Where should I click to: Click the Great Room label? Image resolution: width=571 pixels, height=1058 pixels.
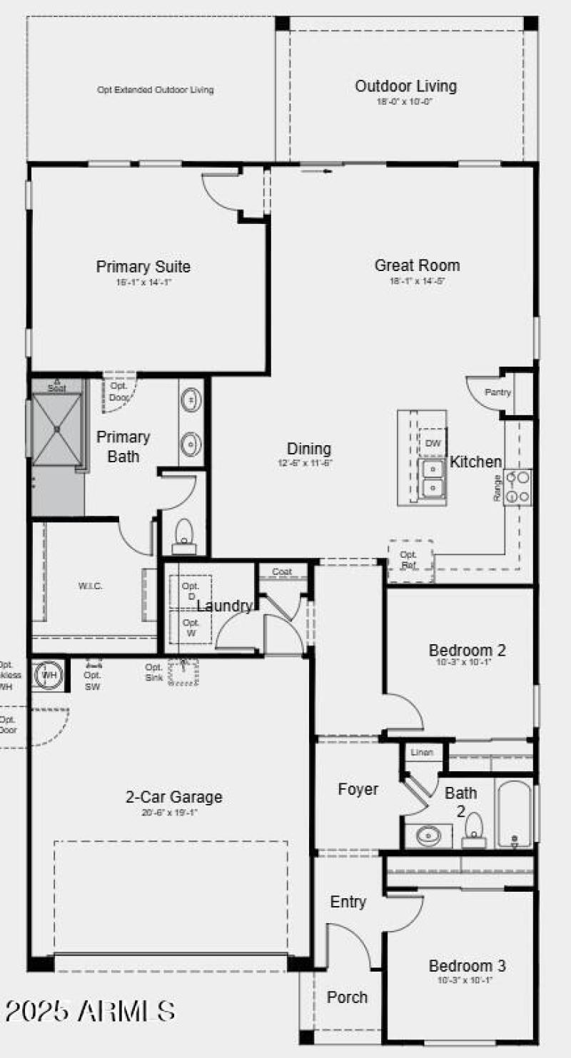click(417, 265)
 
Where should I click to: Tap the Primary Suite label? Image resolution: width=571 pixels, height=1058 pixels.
click(143, 267)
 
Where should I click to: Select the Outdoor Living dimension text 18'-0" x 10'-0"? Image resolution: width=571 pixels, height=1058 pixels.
click(405, 101)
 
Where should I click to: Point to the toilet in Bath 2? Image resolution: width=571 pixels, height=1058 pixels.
click(474, 830)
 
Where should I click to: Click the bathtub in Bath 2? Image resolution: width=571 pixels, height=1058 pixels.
click(514, 813)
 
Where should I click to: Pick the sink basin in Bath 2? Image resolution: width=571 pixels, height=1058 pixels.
click(428, 835)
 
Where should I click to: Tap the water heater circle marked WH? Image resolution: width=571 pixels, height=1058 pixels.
click(49, 674)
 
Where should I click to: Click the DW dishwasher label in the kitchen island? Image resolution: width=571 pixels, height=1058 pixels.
click(433, 443)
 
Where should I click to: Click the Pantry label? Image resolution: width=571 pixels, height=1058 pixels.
click(497, 392)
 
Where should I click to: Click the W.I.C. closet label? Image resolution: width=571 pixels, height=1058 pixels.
click(91, 586)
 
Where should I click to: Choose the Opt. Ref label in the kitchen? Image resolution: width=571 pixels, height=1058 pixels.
click(409, 559)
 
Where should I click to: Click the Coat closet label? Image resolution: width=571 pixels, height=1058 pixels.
click(282, 571)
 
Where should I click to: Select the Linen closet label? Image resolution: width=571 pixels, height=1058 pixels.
click(422, 753)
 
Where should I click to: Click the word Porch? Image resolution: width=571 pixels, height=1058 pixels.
click(347, 997)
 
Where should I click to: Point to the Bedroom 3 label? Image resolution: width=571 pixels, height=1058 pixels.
click(467, 966)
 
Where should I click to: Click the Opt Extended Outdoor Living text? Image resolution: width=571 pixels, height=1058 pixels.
click(155, 90)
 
